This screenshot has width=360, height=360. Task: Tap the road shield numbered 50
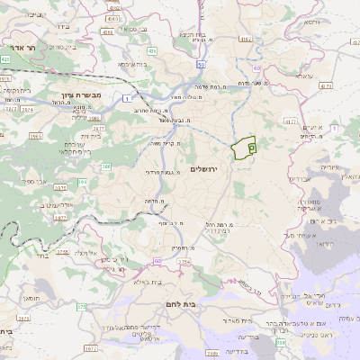(x=201, y=65)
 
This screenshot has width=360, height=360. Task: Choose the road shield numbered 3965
(x=36, y=136)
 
